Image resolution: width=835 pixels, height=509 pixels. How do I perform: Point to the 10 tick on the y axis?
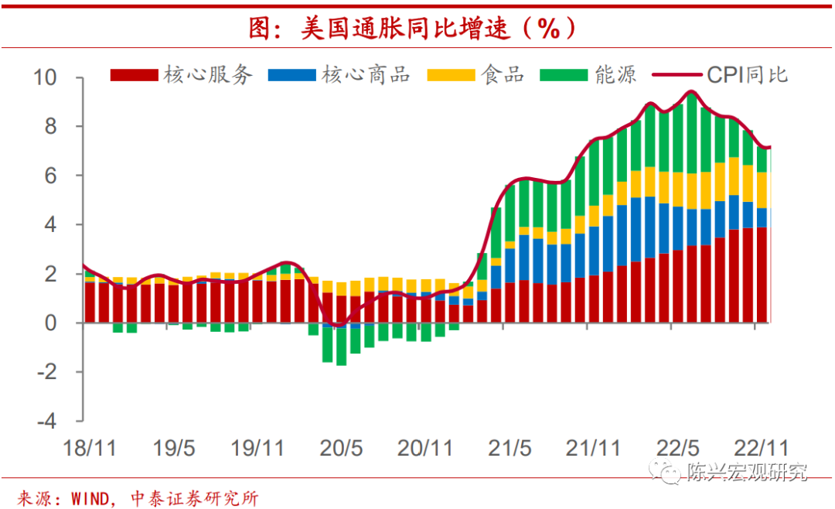(46, 77)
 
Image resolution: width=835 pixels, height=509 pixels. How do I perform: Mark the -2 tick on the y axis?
(48, 372)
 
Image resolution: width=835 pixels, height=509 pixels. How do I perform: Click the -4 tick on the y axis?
(48, 422)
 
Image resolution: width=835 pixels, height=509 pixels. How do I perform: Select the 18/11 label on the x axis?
(88, 449)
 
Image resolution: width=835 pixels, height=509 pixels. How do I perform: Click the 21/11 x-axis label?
(592, 449)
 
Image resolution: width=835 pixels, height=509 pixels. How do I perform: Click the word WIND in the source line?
(90, 498)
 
